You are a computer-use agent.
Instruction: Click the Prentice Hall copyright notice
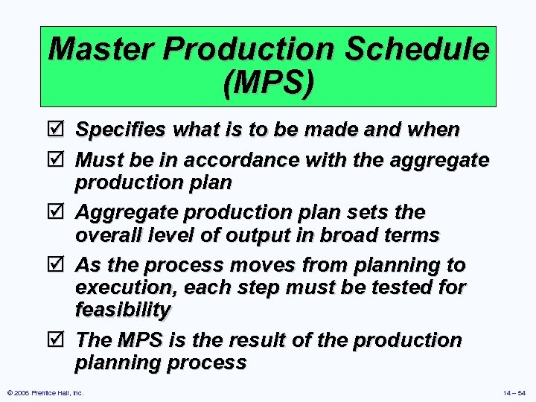[x=45, y=392]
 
